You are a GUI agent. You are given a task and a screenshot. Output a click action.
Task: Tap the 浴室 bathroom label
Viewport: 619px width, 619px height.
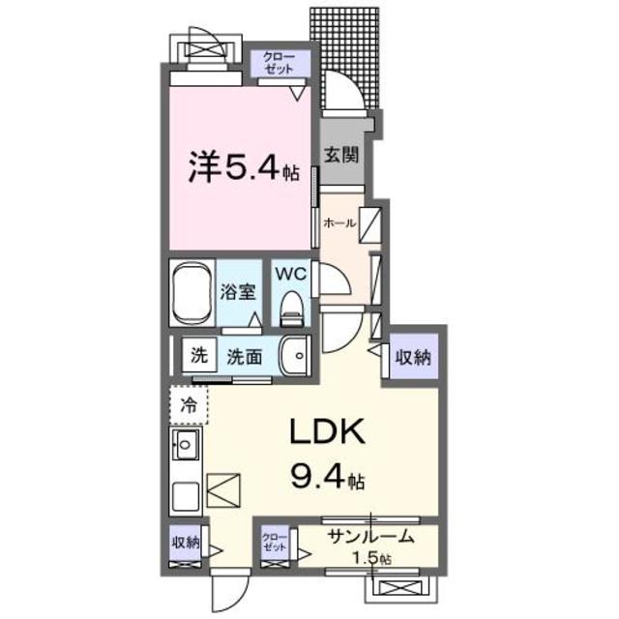[237, 289]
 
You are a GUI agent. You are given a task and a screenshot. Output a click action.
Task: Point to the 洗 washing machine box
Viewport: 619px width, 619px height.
[198, 355]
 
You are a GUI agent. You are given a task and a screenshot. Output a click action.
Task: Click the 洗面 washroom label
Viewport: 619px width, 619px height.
[245, 356]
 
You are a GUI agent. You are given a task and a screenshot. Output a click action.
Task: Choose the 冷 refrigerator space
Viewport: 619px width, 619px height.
[190, 404]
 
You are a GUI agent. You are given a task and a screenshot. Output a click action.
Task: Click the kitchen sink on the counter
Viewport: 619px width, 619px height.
[186, 448]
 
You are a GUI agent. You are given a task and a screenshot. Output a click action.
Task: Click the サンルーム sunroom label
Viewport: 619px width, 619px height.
[370, 538]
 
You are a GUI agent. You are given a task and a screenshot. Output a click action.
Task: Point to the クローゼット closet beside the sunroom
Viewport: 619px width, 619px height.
[276, 542]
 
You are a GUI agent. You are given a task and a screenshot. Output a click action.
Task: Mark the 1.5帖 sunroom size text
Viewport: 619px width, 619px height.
[371, 558]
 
